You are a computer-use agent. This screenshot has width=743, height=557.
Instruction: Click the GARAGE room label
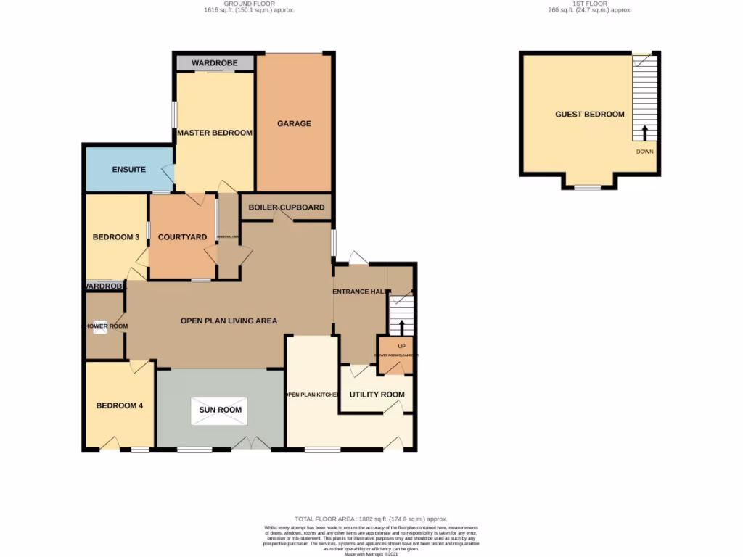[294, 123]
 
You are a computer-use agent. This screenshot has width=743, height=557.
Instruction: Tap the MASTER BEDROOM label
[215, 133]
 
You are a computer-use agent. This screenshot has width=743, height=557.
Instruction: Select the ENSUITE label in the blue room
[128, 170]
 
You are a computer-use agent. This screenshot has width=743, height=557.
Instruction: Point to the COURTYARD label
[182, 237]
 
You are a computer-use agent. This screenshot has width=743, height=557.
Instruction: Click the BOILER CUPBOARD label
[287, 207]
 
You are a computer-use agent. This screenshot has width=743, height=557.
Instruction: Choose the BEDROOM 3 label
[115, 237]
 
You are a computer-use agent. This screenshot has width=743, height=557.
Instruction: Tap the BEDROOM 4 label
[120, 405]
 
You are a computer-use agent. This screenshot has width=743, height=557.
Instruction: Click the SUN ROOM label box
[221, 410]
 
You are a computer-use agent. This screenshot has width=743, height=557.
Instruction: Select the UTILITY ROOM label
[377, 395]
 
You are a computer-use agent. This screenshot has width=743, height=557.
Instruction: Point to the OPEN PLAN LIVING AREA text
[229, 321]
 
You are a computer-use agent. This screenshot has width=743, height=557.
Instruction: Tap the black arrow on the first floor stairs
[644, 133]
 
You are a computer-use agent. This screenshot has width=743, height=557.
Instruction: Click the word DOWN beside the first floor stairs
[644, 152]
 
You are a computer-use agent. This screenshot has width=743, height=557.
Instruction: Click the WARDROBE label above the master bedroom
[214, 64]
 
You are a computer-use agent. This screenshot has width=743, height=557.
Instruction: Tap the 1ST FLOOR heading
[588, 4]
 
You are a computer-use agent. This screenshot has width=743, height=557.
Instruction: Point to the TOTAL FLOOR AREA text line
[371, 520]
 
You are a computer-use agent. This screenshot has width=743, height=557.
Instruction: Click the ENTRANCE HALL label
[358, 292]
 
